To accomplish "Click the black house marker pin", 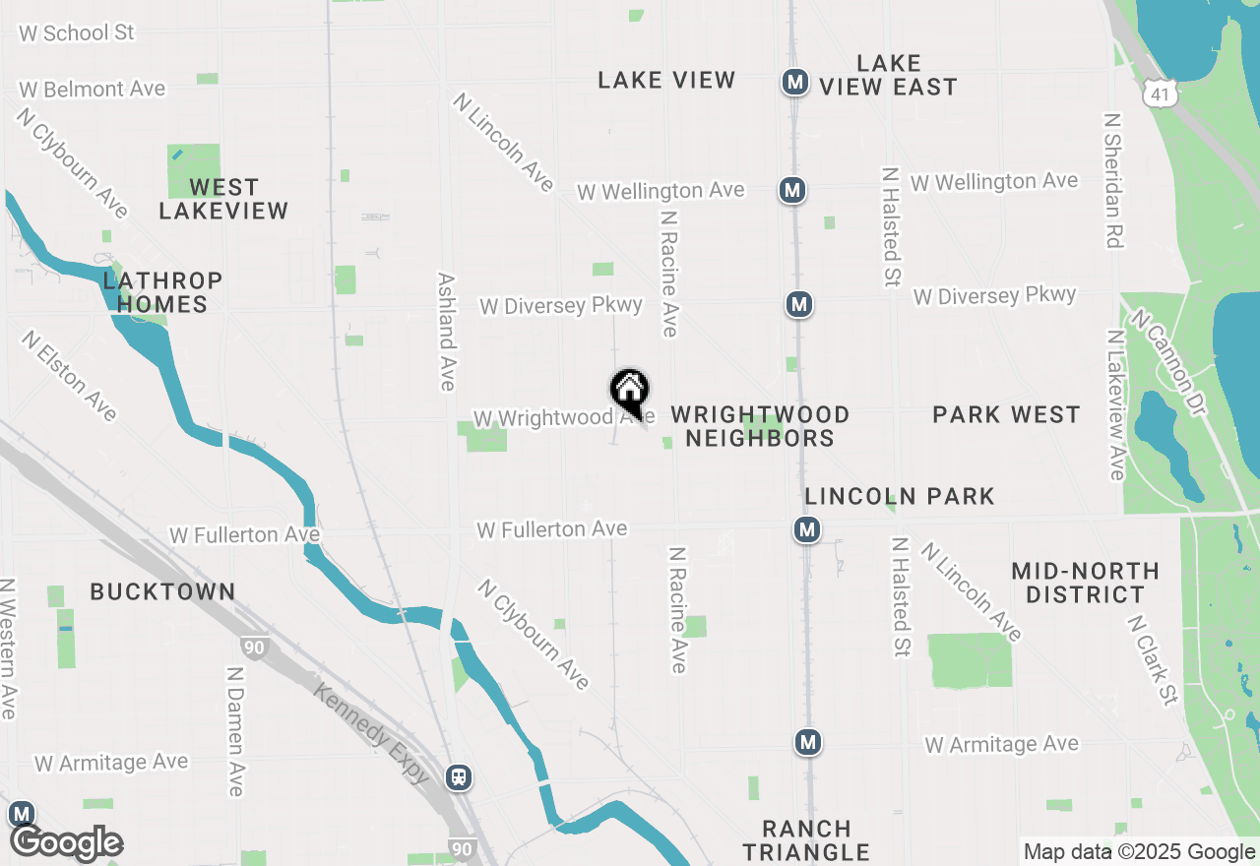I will coord(629,391).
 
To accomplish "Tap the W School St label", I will coord(76,32).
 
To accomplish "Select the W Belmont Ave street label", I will coord(92,89).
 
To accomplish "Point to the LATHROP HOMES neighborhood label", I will coord(163,292).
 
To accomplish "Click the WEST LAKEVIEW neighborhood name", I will coord(223,198).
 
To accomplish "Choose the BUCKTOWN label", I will coord(162,591).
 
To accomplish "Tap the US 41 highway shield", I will coord(1158,93).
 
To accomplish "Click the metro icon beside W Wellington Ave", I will coord(791,190).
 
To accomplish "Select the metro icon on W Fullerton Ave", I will coord(807,530).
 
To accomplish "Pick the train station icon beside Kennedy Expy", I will coord(458,777).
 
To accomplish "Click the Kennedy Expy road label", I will coord(371,732).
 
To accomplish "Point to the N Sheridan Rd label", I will coord(1113,180).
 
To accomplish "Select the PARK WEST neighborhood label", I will coord(1006,414).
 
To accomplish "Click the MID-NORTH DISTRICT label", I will coord(1085,583).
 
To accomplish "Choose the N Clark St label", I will coord(1153,660).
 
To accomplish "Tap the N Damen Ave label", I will coord(234,731).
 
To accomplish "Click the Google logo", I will coord(66,843).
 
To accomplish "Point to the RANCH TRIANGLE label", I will coord(806,840).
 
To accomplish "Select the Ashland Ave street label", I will coord(446,332).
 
